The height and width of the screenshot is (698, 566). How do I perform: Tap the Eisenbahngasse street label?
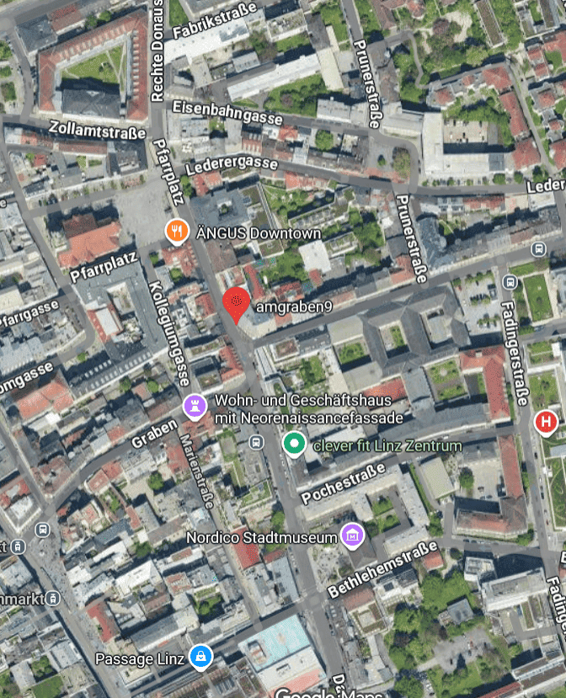[227, 112]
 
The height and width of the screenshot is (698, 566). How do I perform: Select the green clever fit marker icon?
[294, 442]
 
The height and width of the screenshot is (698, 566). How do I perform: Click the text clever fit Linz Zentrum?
[387, 445]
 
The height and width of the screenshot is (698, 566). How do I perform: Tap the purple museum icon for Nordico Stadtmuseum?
[351, 535]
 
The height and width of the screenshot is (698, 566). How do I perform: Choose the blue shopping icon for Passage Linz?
[200, 656]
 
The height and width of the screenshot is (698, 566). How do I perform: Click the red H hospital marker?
[546, 422]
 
